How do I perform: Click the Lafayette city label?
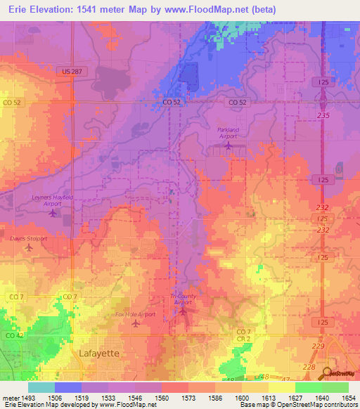pyautogui.click(x=99, y=353)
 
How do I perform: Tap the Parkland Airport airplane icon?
pyautogui.click(x=228, y=145)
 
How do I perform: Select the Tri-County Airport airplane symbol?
pyautogui.click(x=183, y=310)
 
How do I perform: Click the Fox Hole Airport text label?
pyautogui.click(x=135, y=314)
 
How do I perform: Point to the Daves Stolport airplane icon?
pyautogui.click(x=29, y=247)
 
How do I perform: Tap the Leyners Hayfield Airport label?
pyautogui.click(x=53, y=198)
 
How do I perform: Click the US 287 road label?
pyautogui.click(x=72, y=72)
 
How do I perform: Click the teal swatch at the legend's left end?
pyautogui.click(x=41, y=387)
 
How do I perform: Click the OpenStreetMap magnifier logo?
pyautogui.click(x=328, y=373)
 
